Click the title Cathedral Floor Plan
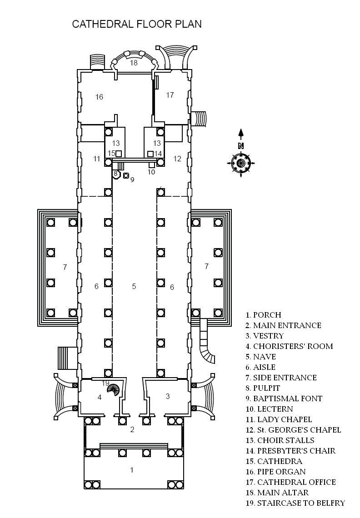[136, 24]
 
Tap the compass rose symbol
[241, 163]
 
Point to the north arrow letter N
[241, 146]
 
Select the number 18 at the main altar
[134, 62]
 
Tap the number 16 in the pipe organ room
[99, 97]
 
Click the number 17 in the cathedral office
[170, 95]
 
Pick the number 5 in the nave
[134, 286]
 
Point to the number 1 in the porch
[132, 469]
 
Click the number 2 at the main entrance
[132, 429]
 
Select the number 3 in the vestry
[168, 396]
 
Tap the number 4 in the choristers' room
[100, 397]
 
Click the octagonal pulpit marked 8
[116, 174]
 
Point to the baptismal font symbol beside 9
[125, 175]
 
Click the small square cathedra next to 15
[119, 154]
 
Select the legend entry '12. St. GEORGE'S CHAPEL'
[293, 430]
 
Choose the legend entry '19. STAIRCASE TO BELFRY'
[295, 503]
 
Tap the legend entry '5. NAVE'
[260, 357]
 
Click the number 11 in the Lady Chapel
[96, 159]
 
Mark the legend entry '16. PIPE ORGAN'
[276, 471]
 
